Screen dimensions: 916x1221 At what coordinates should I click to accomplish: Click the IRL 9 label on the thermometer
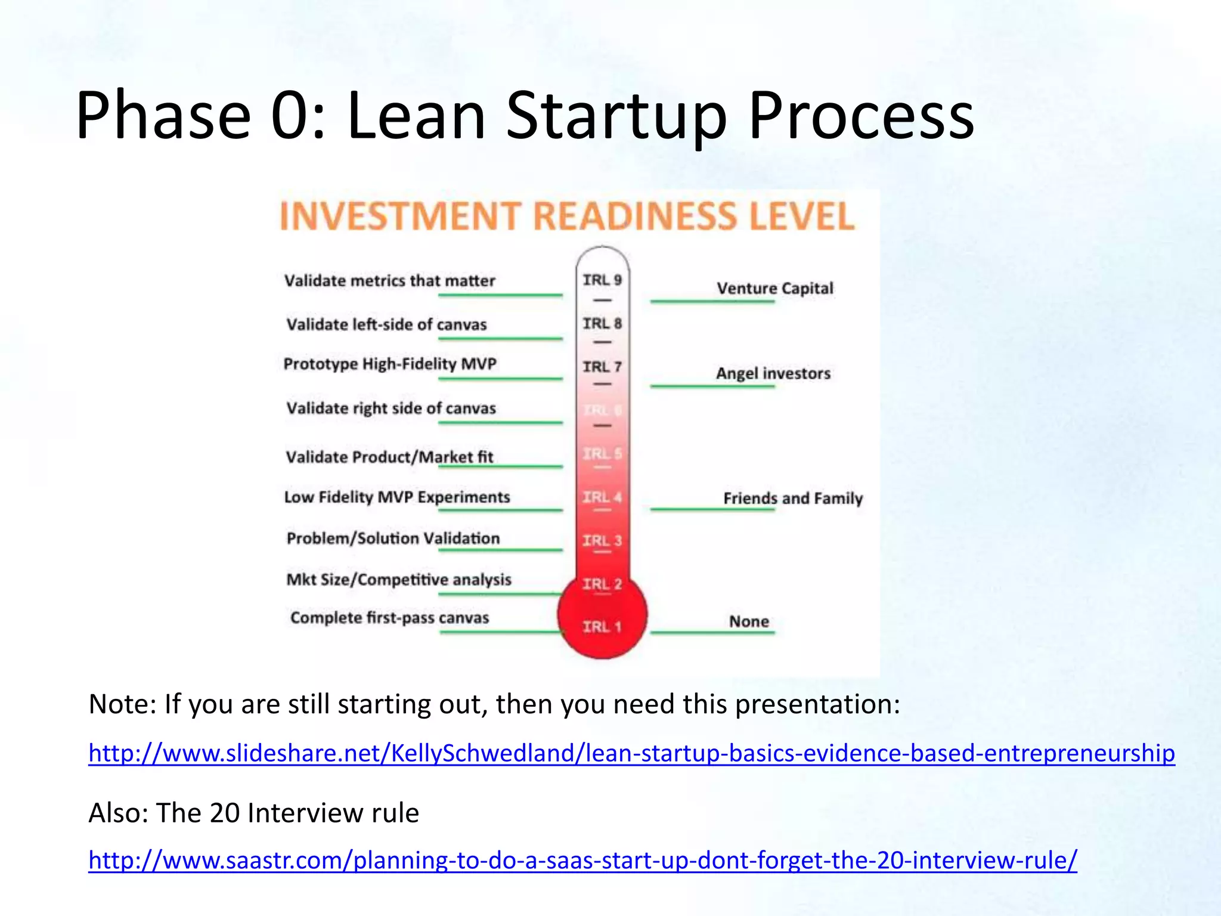pyautogui.click(x=602, y=280)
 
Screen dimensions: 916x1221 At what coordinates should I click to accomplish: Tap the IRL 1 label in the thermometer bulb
pyautogui.click(x=602, y=627)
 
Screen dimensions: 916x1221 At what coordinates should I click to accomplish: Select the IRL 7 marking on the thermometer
pyautogui.click(x=602, y=367)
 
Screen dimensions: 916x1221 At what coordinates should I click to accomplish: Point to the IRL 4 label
pyautogui.click(x=602, y=497)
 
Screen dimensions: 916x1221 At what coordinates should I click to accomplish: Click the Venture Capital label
pyautogui.click(x=774, y=288)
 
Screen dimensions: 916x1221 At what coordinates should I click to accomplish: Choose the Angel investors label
pyautogui.click(x=773, y=373)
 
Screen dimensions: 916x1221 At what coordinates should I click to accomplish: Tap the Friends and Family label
pyautogui.click(x=793, y=498)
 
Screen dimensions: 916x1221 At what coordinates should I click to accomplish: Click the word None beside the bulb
pyautogui.click(x=749, y=621)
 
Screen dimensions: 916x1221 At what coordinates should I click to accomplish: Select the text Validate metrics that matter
pyautogui.click(x=389, y=280)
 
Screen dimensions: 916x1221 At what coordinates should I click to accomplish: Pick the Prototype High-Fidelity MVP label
pyautogui.click(x=390, y=364)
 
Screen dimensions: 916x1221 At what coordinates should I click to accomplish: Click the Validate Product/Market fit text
pyautogui.click(x=389, y=457)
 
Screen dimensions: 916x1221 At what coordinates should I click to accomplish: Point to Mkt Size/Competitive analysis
pyautogui.click(x=399, y=580)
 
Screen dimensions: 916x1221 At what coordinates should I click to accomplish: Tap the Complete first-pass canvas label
pyautogui.click(x=389, y=618)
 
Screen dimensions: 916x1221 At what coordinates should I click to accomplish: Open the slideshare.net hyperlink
pyautogui.click(x=631, y=753)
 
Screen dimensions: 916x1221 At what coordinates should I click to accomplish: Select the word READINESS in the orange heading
pyautogui.click(x=635, y=216)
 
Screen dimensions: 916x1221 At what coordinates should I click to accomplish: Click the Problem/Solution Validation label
pyautogui.click(x=393, y=539)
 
